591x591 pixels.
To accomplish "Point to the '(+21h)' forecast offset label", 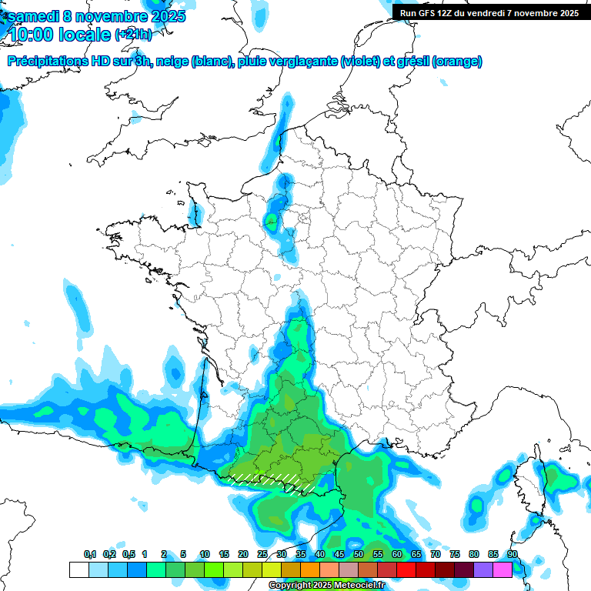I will [x=133, y=35].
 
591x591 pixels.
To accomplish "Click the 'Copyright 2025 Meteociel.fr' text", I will [x=326, y=586].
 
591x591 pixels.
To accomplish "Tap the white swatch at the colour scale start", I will [x=78, y=569].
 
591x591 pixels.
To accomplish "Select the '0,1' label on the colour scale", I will [x=90, y=554].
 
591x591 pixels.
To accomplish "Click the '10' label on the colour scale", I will [x=205, y=554].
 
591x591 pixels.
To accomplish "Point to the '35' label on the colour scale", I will [x=301, y=554].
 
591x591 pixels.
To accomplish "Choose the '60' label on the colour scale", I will [x=397, y=554].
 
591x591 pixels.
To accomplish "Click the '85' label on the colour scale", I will [x=493, y=554].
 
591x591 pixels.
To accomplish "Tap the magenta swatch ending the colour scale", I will [x=503, y=569].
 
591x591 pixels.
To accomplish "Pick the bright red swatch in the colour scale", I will [x=406, y=569].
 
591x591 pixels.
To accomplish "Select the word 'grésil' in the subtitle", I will [x=412, y=62].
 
